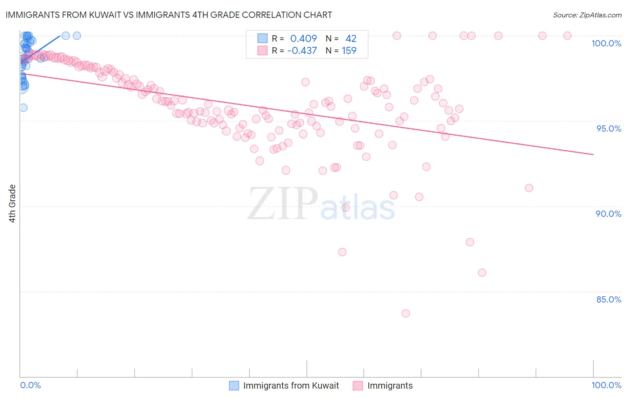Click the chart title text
[x=168, y=15]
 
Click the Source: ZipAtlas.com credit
[x=587, y=15]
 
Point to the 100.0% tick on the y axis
[x=606, y=43]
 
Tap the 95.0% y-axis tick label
[x=608, y=129]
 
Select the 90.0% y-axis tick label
[x=608, y=214]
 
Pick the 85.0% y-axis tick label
[x=608, y=299]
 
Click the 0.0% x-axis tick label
[x=30, y=385]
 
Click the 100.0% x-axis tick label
[x=606, y=385]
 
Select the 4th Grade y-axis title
[x=12, y=203]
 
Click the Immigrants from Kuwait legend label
[x=291, y=386]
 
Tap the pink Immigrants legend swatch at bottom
[x=358, y=386]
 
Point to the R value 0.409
[x=303, y=39]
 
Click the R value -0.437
[x=302, y=51]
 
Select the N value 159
[x=349, y=51]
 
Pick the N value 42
[x=351, y=39]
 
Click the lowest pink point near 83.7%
[x=405, y=313]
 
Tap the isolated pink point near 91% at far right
[x=529, y=188]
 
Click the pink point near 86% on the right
[x=482, y=273]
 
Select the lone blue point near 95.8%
[x=23, y=108]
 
